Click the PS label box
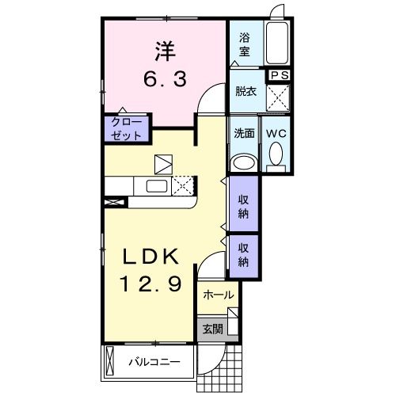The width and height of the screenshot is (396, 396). tap(279, 75)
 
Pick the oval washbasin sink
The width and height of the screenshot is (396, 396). tap(244, 162)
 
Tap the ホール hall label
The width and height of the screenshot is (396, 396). tap(218, 295)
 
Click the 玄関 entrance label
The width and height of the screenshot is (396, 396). tap(211, 329)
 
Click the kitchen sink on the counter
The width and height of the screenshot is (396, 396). tap(154, 187)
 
